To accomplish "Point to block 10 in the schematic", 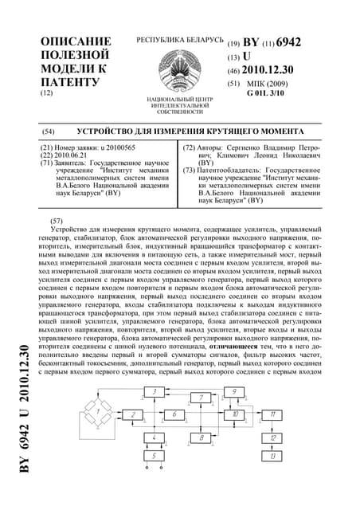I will click(235, 414).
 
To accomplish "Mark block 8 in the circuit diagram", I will click(202, 437).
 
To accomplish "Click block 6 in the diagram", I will click(174, 414).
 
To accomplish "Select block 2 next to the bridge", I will click(132, 414).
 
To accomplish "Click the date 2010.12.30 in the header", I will click(276, 71).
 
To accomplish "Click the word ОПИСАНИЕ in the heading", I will click(75, 41).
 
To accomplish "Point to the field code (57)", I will click(56, 218).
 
